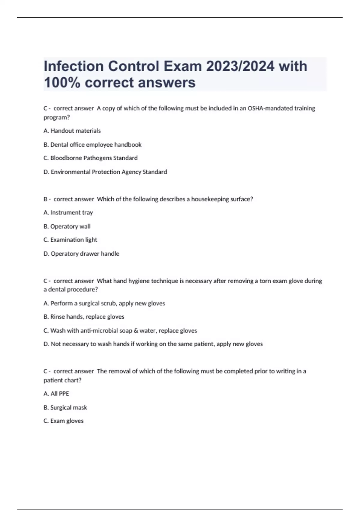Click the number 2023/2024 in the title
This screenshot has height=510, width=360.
[240, 66]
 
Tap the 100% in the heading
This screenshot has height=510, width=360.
[62, 82]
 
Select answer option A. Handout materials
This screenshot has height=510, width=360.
[72, 131]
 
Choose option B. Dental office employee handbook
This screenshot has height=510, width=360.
[92, 145]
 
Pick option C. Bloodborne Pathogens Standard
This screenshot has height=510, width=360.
[91, 158]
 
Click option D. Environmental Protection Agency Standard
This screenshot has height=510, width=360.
[105, 172]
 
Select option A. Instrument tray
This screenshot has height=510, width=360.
[68, 213]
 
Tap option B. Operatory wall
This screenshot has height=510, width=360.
[67, 226]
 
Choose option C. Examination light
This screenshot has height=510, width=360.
[70, 240]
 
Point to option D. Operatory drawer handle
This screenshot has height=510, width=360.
[81, 254]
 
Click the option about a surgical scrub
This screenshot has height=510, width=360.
[104, 303]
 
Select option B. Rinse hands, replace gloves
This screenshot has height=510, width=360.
[84, 317]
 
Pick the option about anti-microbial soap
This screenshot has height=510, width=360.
[120, 331]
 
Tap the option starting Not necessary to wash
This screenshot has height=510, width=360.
[153, 344]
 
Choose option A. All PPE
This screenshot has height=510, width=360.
[56, 394]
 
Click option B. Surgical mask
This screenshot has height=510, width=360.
[65, 408]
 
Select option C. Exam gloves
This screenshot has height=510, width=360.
[64, 421]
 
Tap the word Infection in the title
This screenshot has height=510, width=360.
[74, 66]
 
